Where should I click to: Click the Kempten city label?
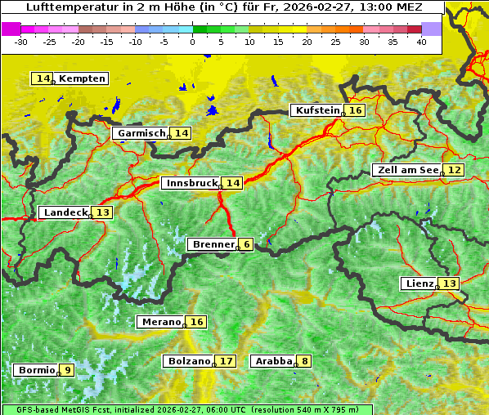click(x=82, y=78)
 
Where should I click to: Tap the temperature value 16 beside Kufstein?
click(x=354, y=110)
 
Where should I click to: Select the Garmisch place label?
click(x=141, y=133)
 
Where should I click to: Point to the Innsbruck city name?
click(x=191, y=183)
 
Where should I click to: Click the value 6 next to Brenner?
click(x=246, y=244)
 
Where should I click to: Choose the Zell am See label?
click(x=406, y=170)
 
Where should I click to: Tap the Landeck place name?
click(x=65, y=212)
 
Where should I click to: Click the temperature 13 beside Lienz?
click(x=450, y=283)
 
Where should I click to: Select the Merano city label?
click(x=160, y=322)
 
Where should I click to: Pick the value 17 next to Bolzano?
click(x=226, y=361)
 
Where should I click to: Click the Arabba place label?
click(x=274, y=361)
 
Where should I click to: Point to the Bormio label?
click(x=35, y=370)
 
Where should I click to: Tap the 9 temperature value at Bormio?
click(x=66, y=370)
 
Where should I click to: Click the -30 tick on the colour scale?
click(x=21, y=42)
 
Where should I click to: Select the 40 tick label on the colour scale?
click(x=421, y=42)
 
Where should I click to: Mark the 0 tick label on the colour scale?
click(x=192, y=42)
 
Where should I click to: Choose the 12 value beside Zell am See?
click(x=454, y=170)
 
